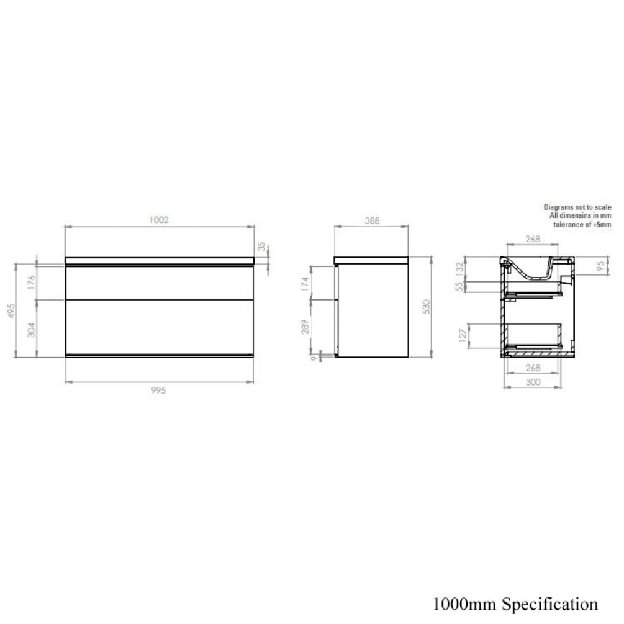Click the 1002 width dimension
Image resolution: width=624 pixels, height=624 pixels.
point(160,220)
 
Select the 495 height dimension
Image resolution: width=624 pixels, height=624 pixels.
point(11,310)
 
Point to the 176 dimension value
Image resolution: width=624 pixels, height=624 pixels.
point(32,282)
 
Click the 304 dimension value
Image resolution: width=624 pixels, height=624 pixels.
point(32,328)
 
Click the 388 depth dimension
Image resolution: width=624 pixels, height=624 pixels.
point(372,220)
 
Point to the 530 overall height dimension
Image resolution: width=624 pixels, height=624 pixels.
point(425,307)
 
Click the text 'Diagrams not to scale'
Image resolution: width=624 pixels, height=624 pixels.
point(577,207)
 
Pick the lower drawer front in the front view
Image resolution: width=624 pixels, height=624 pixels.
point(160,327)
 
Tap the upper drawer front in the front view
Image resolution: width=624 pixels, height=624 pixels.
point(160,283)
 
